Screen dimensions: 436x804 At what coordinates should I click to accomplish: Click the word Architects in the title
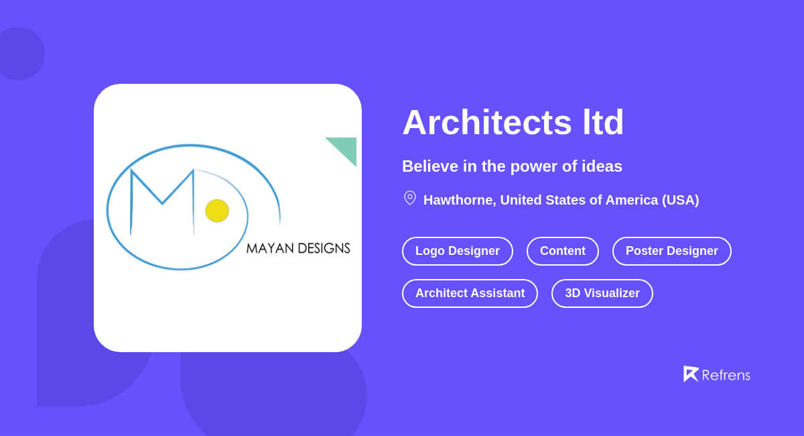click(x=486, y=123)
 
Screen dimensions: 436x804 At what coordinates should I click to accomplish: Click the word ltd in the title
click(x=603, y=123)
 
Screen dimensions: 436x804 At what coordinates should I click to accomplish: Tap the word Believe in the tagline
click(x=429, y=166)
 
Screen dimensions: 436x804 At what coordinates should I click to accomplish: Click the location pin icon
click(x=410, y=198)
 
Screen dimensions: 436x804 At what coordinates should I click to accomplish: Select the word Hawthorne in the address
click(x=460, y=200)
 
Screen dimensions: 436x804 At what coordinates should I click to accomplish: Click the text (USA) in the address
click(x=680, y=200)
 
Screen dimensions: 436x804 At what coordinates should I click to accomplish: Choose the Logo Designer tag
click(x=458, y=251)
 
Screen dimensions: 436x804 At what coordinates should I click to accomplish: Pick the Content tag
click(x=563, y=251)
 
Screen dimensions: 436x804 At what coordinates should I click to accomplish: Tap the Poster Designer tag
click(x=672, y=251)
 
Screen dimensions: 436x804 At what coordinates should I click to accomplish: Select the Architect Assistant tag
click(x=470, y=293)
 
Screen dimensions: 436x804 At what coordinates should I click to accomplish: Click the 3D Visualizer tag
click(x=602, y=293)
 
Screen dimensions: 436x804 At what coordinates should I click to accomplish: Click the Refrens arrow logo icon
click(x=690, y=374)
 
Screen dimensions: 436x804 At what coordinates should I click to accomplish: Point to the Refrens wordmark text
click(x=726, y=375)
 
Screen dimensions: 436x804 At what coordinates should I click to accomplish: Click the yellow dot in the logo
click(x=217, y=211)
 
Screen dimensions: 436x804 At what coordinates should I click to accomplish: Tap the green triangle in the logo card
click(x=346, y=148)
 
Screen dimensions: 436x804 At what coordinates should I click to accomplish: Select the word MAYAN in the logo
click(x=270, y=248)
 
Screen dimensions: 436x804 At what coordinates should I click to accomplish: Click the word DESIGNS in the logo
click(x=324, y=248)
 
